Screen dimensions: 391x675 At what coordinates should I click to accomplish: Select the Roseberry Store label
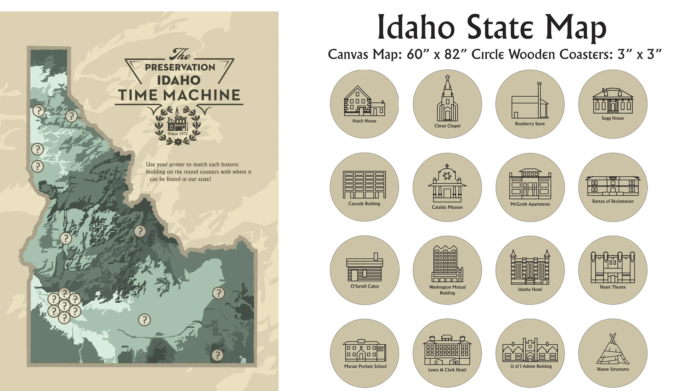pyautogui.click(x=530, y=124)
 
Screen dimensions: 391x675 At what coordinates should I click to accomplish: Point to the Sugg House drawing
pyautogui.click(x=613, y=101)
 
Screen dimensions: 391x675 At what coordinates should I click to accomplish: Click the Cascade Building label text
pyautogui.click(x=364, y=204)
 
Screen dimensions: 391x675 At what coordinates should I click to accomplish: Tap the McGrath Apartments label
pyautogui.click(x=530, y=204)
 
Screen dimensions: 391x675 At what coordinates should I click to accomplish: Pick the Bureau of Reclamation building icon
pyautogui.click(x=613, y=186)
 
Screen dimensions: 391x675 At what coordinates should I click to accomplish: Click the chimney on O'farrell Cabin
pyautogui.click(x=376, y=256)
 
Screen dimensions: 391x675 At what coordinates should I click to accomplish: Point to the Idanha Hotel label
pyautogui.click(x=530, y=289)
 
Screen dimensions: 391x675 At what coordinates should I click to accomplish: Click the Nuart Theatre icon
pyautogui.click(x=613, y=267)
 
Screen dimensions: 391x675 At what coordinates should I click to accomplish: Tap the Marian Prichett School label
pyautogui.click(x=365, y=366)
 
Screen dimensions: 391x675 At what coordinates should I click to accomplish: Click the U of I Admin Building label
pyautogui.click(x=531, y=366)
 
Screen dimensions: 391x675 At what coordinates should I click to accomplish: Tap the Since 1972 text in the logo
pyautogui.click(x=178, y=133)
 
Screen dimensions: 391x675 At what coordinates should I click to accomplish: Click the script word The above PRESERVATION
pyautogui.click(x=179, y=55)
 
